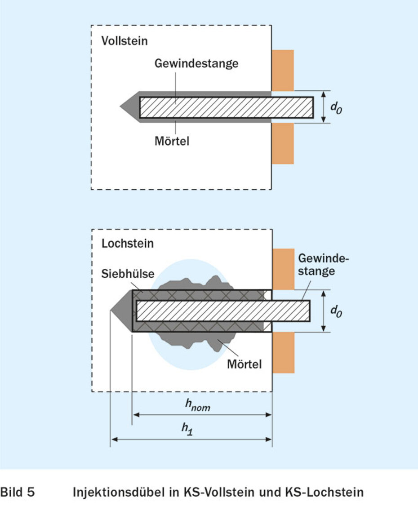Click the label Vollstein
tap(125, 41)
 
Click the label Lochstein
tap(128, 244)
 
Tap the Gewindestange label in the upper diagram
tap(196, 63)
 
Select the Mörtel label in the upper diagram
tap(171, 141)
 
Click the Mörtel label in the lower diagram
tap(244, 363)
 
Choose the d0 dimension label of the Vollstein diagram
tap(336, 108)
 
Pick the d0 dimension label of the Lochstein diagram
tap(336, 311)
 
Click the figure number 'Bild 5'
tap(18, 493)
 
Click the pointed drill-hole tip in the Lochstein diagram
tap(120, 311)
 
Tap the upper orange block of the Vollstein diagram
tap(283, 70)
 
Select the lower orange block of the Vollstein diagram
tap(283, 143)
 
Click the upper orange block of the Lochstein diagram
tap(283, 269)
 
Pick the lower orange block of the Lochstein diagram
tap(283, 352)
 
